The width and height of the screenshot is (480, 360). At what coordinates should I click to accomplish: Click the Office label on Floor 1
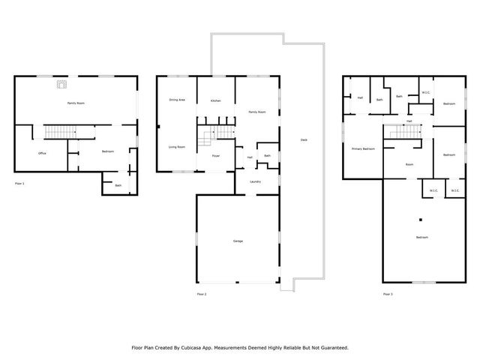(x=42, y=152)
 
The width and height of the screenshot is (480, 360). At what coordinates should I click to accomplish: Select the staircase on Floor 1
(x=58, y=133)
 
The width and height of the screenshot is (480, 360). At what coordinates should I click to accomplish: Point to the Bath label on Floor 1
(x=118, y=184)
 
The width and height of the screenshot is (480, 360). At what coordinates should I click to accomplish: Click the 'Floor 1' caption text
(x=20, y=183)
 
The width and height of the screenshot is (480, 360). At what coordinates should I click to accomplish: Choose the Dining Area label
(x=177, y=100)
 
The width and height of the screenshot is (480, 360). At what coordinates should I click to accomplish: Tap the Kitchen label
(x=215, y=100)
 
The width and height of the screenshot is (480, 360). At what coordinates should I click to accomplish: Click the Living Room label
(x=177, y=147)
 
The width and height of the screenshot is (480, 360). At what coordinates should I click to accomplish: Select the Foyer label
(x=215, y=156)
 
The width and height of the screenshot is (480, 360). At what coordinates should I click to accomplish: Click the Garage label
(x=238, y=241)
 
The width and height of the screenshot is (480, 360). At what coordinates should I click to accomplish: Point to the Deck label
(x=304, y=140)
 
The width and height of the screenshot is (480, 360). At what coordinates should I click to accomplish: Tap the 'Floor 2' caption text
(x=200, y=293)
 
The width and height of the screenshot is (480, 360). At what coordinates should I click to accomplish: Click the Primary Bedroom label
(x=363, y=149)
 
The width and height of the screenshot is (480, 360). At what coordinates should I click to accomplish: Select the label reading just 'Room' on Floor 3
(x=409, y=163)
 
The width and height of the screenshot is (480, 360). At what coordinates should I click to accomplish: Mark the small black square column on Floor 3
(x=421, y=220)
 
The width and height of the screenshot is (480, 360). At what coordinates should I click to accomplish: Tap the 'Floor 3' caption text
(x=387, y=293)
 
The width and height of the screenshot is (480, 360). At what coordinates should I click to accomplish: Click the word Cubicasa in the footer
(x=190, y=347)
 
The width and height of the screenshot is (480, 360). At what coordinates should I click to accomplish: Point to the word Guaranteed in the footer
(x=331, y=347)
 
